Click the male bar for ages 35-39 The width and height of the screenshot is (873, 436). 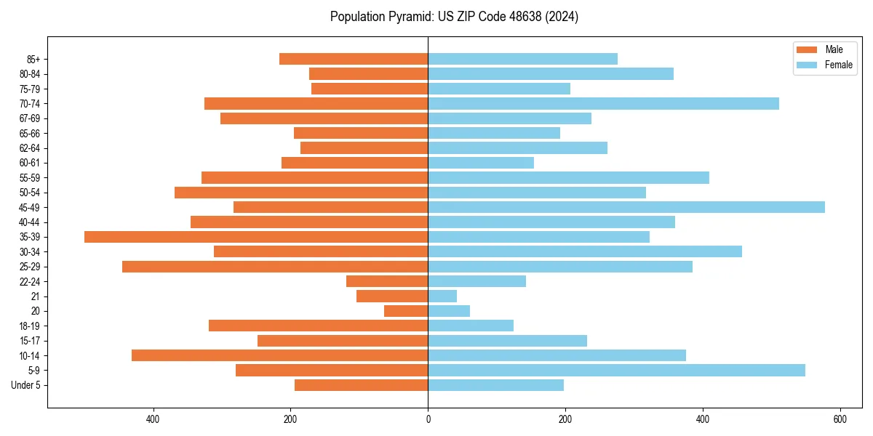click(256, 237)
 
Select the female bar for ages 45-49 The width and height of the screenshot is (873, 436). click(626, 207)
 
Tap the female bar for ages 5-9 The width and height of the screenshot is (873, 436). click(616, 371)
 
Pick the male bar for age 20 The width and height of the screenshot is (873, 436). click(406, 311)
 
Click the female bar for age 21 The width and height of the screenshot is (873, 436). click(442, 296)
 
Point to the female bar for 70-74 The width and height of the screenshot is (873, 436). click(603, 103)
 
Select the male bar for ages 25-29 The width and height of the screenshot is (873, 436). click(275, 267)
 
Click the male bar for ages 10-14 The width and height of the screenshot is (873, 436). click(279, 355)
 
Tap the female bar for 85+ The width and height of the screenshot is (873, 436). click(522, 59)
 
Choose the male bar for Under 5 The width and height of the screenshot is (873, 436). click(361, 385)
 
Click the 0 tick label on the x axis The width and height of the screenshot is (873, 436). click(428, 419)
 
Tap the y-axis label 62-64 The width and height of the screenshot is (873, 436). click(30, 148)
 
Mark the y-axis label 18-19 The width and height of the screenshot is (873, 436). click(30, 326)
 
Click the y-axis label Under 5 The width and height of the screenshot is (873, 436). click(25, 385)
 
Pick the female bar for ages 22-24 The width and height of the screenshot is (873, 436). click(477, 281)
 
